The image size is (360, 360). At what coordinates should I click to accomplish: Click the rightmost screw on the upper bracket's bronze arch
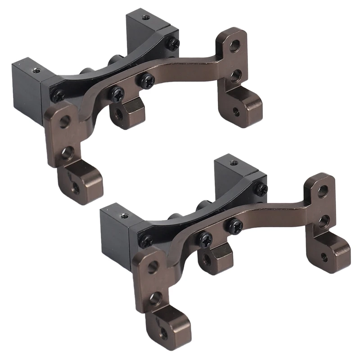(x=147, y=81)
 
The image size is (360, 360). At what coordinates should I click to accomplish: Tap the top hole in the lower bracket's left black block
(x=125, y=216)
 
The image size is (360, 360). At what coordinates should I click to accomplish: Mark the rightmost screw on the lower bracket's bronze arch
(x=235, y=226)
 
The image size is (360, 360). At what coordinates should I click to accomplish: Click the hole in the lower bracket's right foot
(x=324, y=256)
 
